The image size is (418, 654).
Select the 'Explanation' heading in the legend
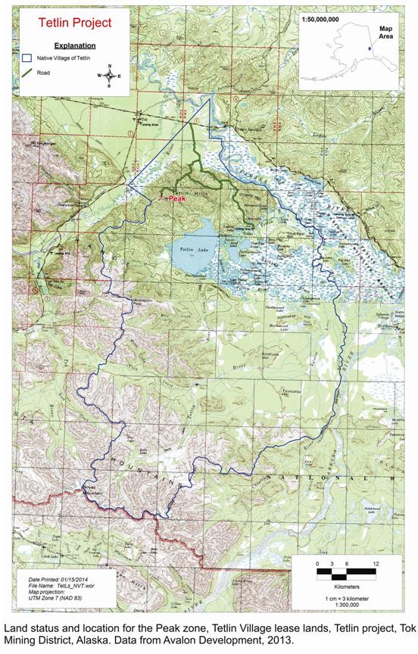62,45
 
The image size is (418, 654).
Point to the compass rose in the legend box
111,76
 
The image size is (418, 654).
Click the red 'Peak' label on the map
176,199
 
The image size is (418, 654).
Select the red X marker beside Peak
161,199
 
